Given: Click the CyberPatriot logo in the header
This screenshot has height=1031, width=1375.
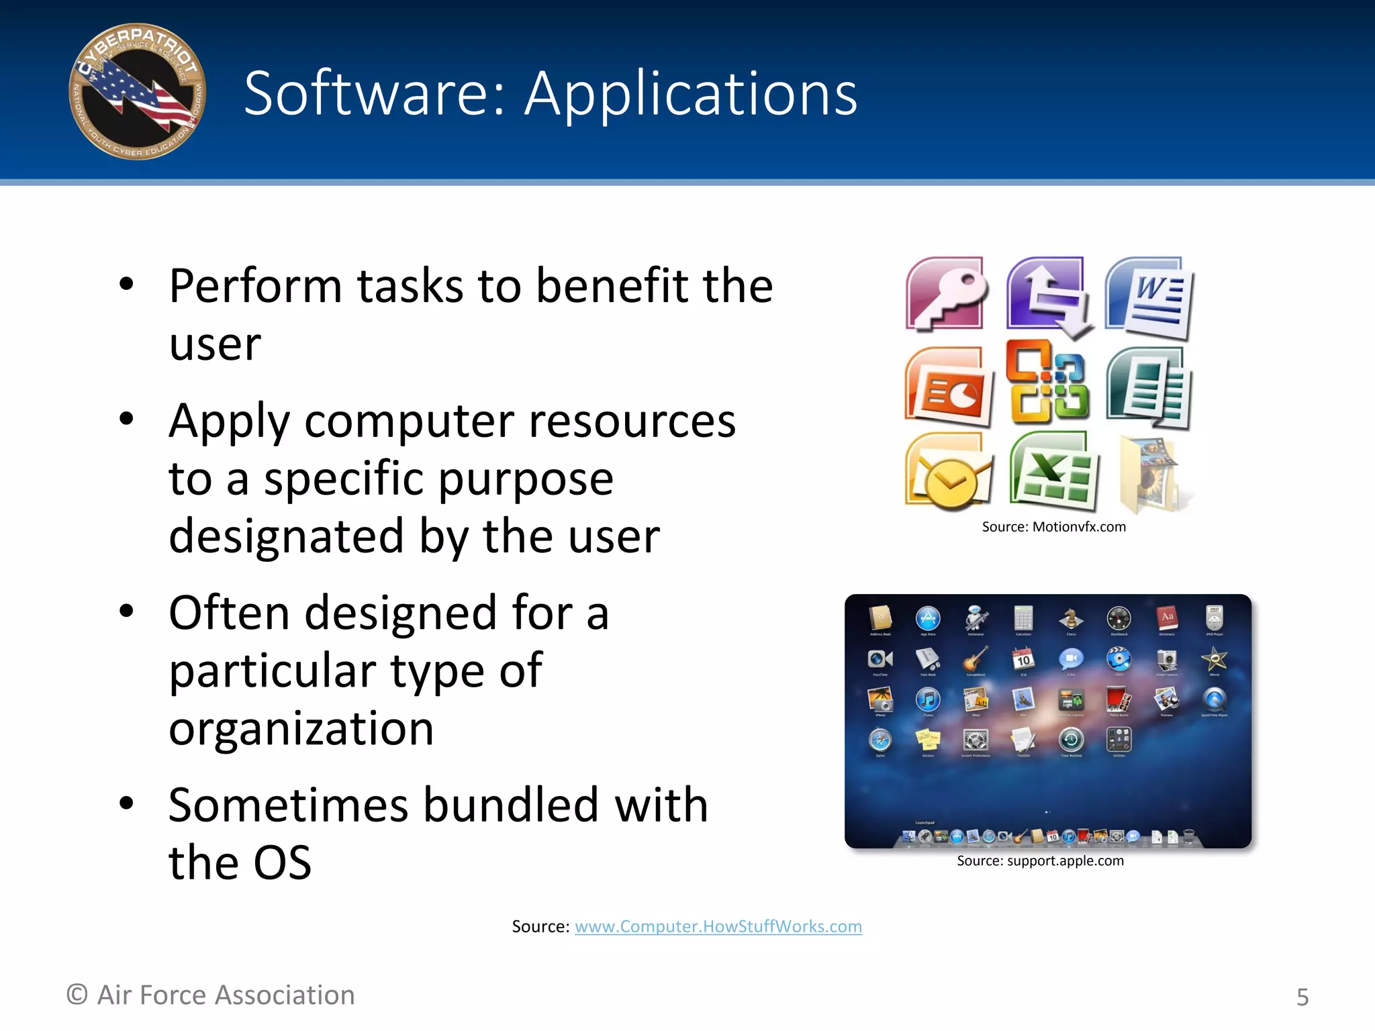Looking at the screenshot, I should (x=137, y=92).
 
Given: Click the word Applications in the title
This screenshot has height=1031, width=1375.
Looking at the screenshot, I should (x=691, y=93).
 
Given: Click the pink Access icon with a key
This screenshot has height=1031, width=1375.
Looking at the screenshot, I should (x=946, y=294).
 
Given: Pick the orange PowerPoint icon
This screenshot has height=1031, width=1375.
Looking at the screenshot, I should (x=947, y=387).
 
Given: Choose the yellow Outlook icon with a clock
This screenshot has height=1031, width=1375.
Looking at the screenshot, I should (x=947, y=472).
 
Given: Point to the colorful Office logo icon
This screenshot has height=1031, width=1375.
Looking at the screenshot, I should (x=1048, y=382).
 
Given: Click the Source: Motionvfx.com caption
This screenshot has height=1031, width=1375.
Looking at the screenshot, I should (x=1053, y=527).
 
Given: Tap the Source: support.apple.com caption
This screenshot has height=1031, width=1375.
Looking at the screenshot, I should (x=1039, y=861).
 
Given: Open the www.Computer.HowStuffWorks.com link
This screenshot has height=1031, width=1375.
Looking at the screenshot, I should (x=718, y=926).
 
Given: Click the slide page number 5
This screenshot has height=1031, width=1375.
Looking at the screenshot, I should (x=1302, y=997).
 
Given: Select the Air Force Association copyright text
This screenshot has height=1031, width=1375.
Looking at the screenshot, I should (x=211, y=995).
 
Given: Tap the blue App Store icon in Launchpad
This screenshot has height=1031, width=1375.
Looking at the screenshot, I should (x=928, y=618).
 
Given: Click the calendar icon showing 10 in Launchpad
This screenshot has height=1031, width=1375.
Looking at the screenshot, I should (x=1023, y=659).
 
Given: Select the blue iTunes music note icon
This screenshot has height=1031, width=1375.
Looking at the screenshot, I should (x=928, y=700).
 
